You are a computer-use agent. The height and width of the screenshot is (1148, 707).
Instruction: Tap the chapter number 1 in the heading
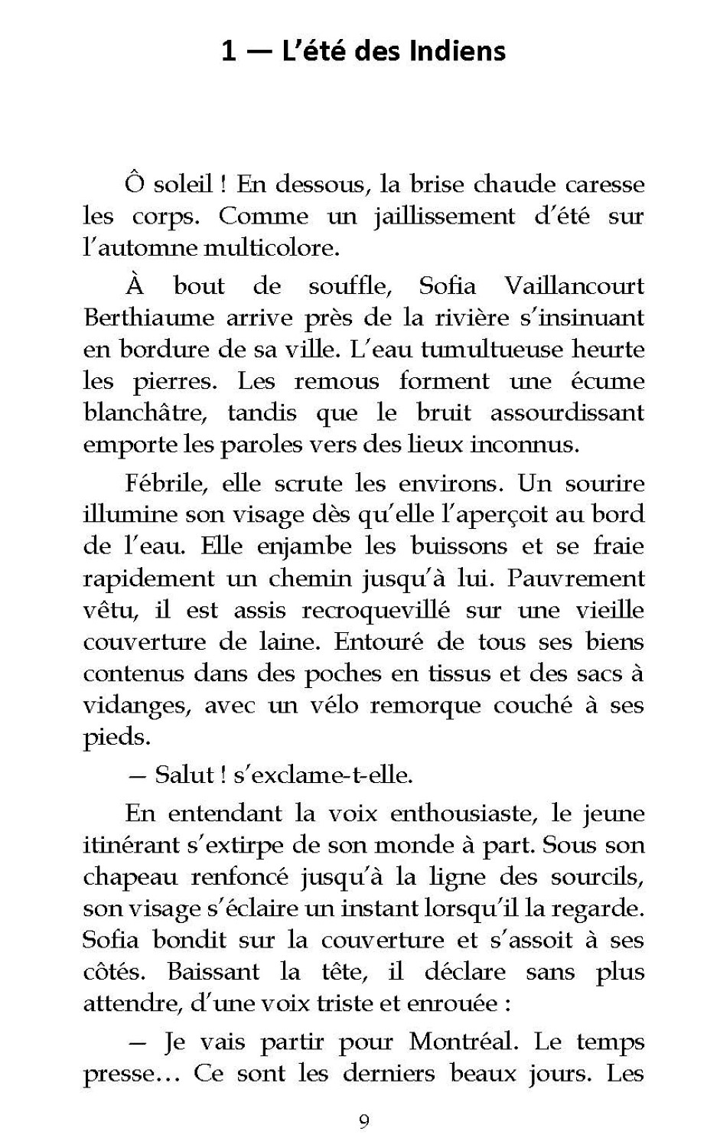pyautogui.click(x=227, y=51)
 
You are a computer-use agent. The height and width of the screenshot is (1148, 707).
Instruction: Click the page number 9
pyautogui.click(x=363, y=1122)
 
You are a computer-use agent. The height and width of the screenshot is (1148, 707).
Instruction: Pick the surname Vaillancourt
pyautogui.click(x=574, y=286)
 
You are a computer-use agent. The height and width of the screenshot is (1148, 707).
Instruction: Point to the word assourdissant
pyautogui.click(x=567, y=413)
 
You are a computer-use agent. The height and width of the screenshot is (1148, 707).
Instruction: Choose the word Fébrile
pyautogui.click(x=163, y=484)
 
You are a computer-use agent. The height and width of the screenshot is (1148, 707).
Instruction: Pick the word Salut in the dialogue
pyautogui.click(x=183, y=775)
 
